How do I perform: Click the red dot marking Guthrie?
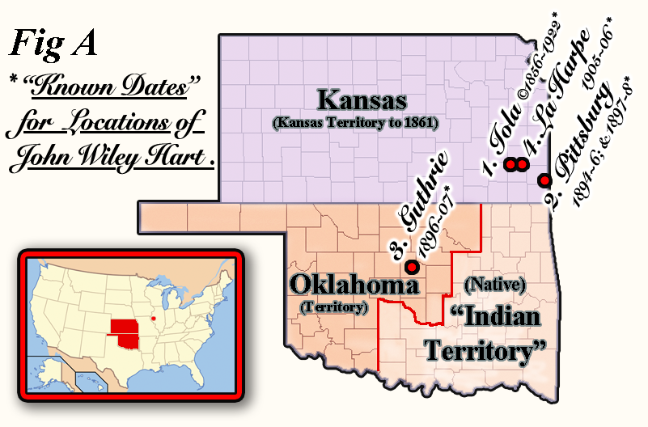coord(412,266)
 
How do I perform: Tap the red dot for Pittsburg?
coord(544,180)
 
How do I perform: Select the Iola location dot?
coord(510,165)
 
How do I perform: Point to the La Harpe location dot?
coord(522,165)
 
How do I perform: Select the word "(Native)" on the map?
coord(497,285)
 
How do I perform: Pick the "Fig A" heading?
coord(53,45)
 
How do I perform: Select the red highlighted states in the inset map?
coord(125,329)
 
